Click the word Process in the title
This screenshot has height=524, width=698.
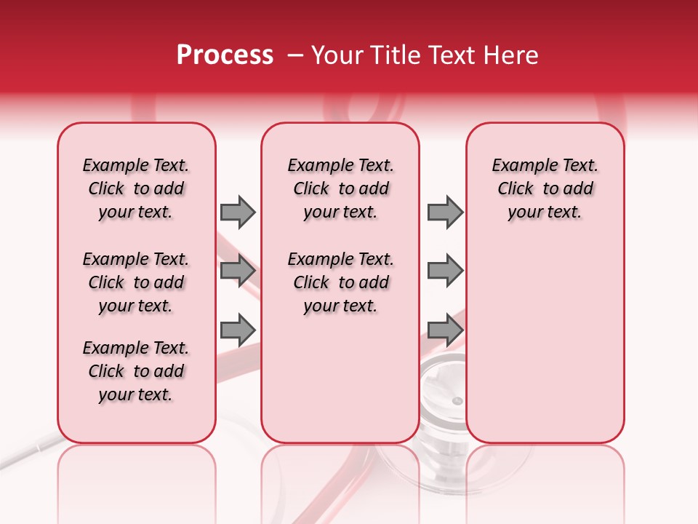click(x=225, y=55)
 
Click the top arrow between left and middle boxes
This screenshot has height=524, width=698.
click(x=238, y=212)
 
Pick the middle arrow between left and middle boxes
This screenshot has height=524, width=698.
click(x=238, y=271)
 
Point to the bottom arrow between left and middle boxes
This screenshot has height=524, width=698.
click(x=238, y=330)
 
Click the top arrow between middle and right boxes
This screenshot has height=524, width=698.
click(x=445, y=212)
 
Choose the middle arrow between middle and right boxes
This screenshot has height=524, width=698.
click(x=445, y=271)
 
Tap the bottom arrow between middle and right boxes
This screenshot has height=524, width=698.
click(x=445, y=330)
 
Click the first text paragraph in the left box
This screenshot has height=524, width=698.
click(x=136, y=188)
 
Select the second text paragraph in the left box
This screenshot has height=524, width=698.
click(x=136, y=282)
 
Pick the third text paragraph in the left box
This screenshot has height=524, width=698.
click(x=136, y=371)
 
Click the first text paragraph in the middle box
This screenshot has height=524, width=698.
click(x=340, y=188)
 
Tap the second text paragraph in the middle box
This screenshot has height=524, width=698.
click(x=340, y=282)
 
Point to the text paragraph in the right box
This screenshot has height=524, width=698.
click(x=545, y=188)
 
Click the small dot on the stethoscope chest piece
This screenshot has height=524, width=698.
click(x=457, y=401)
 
